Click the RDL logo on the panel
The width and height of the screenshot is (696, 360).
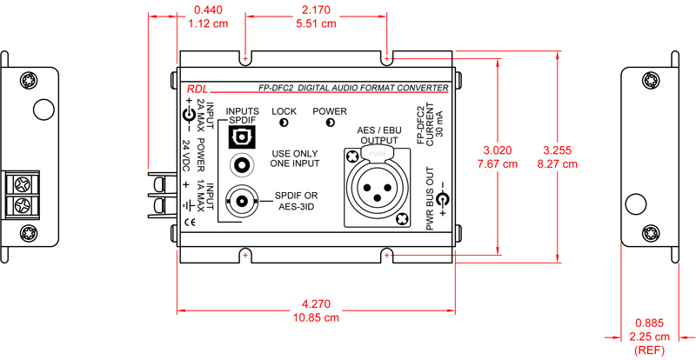(197, 88)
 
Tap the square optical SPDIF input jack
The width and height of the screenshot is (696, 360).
(240, 137)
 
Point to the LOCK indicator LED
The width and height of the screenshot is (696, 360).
(284, 123)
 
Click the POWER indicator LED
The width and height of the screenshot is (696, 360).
(330, 123)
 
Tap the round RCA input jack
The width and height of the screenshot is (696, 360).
(241, 163)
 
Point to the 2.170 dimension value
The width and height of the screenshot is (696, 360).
(317, 10)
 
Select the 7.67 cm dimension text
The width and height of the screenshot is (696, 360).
(497, 163)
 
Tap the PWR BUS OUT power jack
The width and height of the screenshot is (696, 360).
(442, 201)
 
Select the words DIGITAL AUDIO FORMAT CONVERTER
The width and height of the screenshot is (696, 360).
(374, 88)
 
